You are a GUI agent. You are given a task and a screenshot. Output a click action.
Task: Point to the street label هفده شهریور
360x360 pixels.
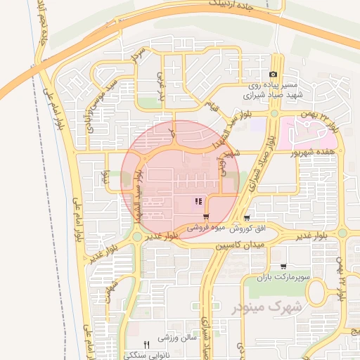tap(309, 151)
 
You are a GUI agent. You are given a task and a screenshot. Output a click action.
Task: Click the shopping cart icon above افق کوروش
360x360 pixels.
tap(246, 219)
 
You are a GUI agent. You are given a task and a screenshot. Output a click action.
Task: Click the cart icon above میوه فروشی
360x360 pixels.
tap(206, 217)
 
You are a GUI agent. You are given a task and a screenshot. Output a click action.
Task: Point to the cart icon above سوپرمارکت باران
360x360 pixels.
tap(283, 267)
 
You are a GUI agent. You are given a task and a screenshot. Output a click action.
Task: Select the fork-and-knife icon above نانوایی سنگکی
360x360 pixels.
tap(146, 345)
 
